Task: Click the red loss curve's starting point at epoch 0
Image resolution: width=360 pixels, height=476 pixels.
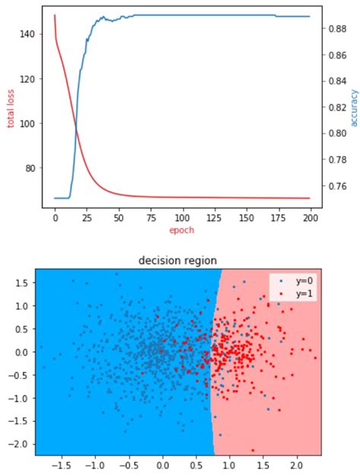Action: click(x=55, y=15)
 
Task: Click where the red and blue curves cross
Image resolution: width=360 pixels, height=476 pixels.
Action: click(x=75, y=126)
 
